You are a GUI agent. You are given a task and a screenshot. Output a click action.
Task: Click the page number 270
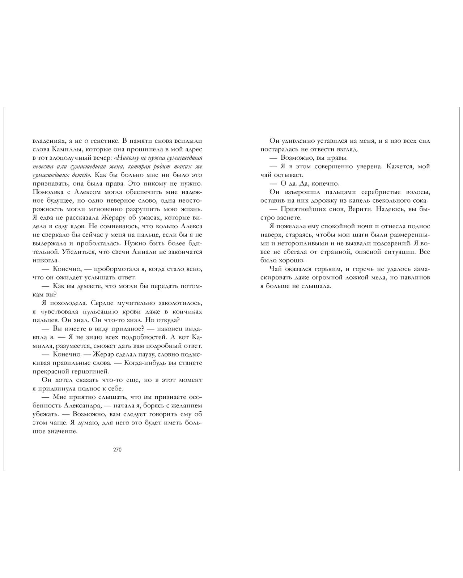pyautogui.click(x=117, y=450)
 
